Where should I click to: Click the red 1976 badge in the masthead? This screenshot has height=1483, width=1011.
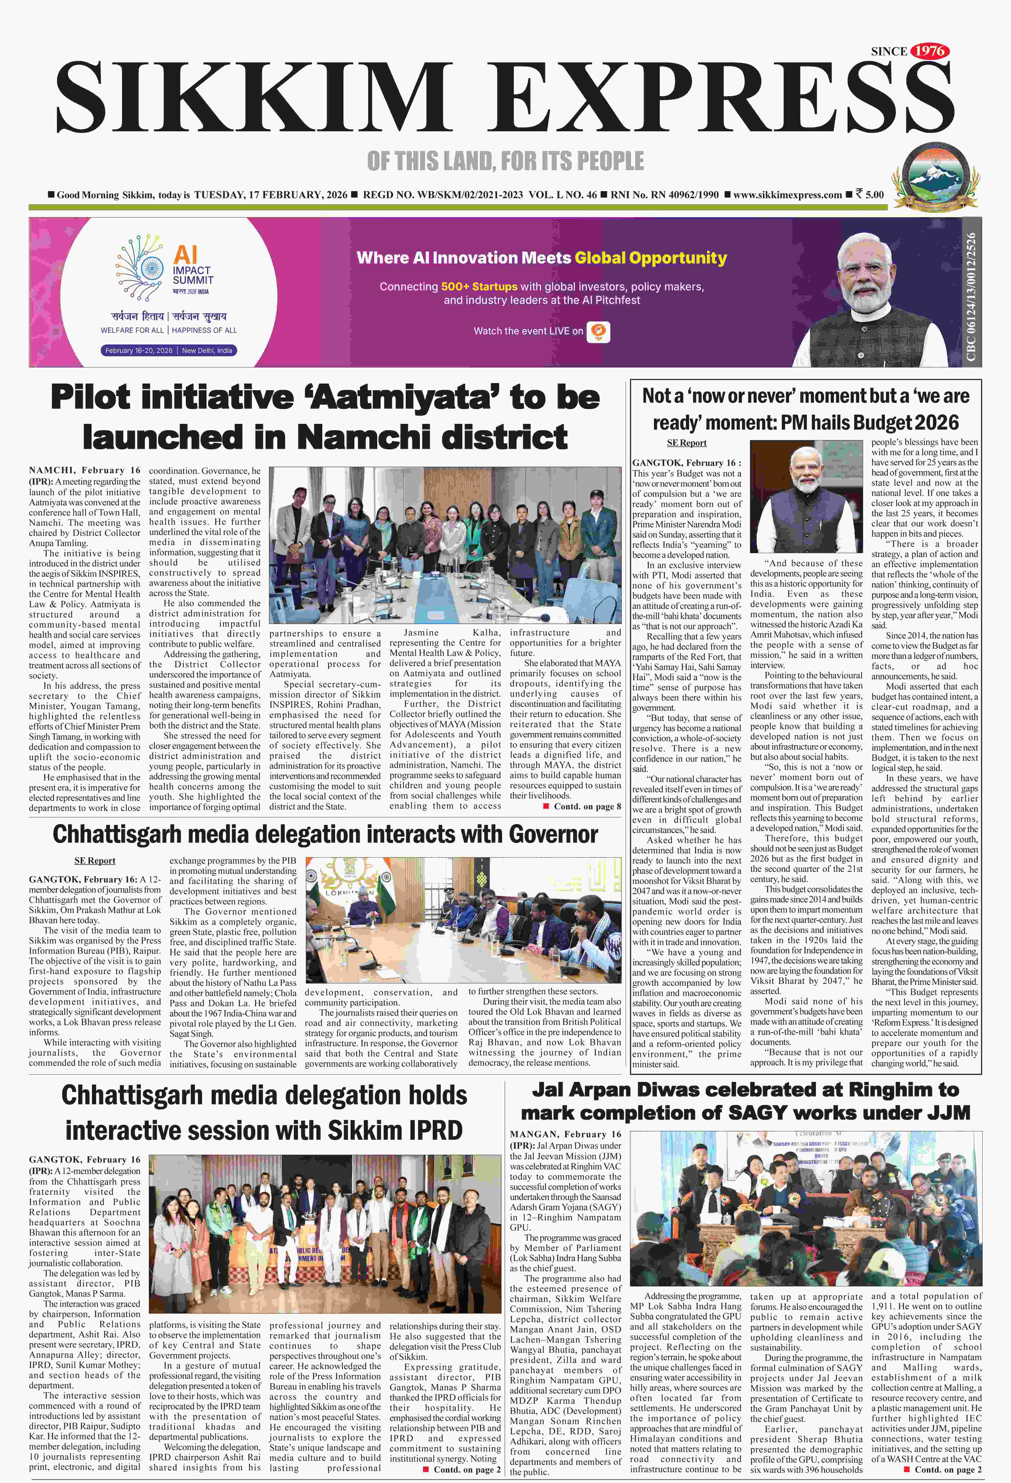click(x=929, y=51)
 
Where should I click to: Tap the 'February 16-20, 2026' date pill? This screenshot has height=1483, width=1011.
click(x=138, y=350)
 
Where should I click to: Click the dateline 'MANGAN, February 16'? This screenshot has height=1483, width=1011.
click(x=565, y=1134)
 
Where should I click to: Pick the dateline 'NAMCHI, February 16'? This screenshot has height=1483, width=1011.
click(x=84, y=470)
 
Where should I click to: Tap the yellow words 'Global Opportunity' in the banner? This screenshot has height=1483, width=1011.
click(x=650, y=258)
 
